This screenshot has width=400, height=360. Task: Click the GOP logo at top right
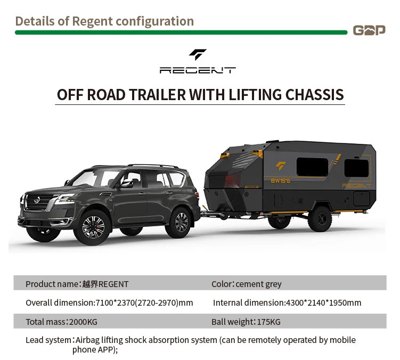tap(369, 30)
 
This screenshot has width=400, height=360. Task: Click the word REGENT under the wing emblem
tap(198, 70)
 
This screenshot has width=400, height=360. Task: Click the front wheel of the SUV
tap(94, 226)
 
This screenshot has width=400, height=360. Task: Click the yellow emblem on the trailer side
tap(281, 166)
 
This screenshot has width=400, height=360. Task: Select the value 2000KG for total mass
tap(83, 322)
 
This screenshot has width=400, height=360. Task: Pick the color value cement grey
tap(258, 284)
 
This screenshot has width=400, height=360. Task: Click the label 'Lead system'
tap(48, 340)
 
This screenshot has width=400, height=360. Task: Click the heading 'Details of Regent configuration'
tap(104, 21)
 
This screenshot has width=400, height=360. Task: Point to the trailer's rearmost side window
tap(356, 168)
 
